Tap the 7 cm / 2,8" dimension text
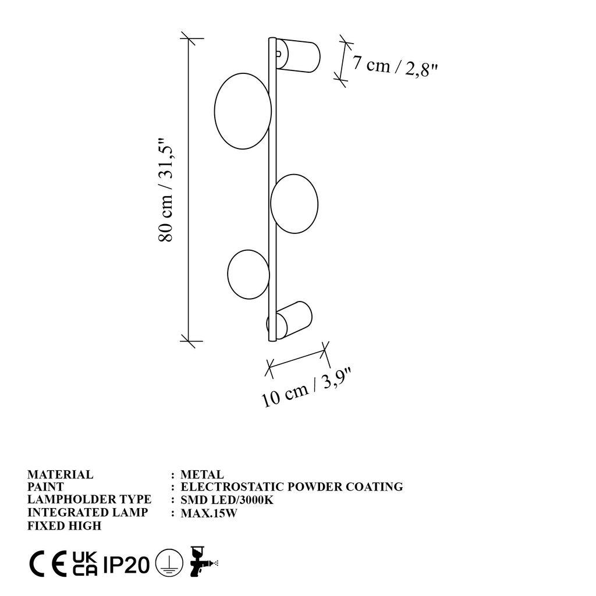pos(394,66)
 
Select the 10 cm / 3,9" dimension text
pos(308,388)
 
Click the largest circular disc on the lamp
pos(242,112)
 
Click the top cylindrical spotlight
pos(298,55)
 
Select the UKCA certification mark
pos(85,563)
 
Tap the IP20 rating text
pos(126,564)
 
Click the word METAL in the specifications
pos(202,475)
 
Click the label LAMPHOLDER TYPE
pos(89,500)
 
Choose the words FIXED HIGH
pos(65,526)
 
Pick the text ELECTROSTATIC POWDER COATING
pos(292,487)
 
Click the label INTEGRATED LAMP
pos(87,513)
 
